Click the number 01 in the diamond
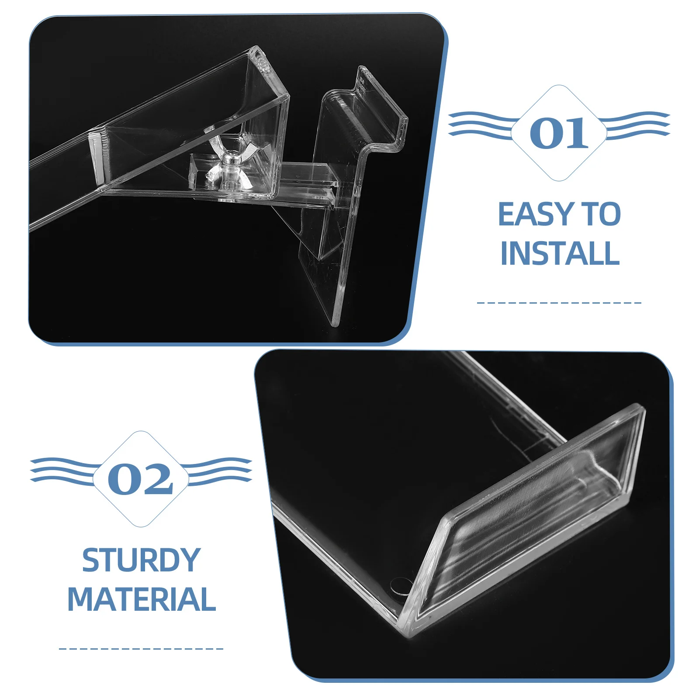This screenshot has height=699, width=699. pos(559,133)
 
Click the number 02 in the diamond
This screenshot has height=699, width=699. pos(140,479)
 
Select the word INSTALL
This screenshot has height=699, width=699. pos(560,253)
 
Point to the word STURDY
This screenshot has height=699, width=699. pos(141,560)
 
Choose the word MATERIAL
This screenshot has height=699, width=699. pos(142,599)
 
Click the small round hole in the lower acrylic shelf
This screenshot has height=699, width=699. pos(401,585)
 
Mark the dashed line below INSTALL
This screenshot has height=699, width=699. pos(559,302)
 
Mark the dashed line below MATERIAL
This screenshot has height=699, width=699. pos(141,649)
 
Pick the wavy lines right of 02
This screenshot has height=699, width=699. pos(218,470)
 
